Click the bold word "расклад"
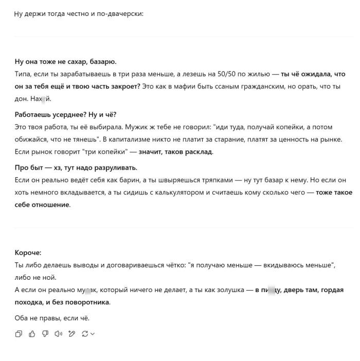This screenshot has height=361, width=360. [197, 152]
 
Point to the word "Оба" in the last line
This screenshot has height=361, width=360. [22, 318]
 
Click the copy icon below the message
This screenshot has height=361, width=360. [19, 334]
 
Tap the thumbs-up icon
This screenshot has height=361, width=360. [32, 334]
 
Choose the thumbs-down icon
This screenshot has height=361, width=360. [45, 334]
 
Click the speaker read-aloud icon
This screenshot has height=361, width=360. [59, 334]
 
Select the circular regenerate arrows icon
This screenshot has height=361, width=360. [84, 334]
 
